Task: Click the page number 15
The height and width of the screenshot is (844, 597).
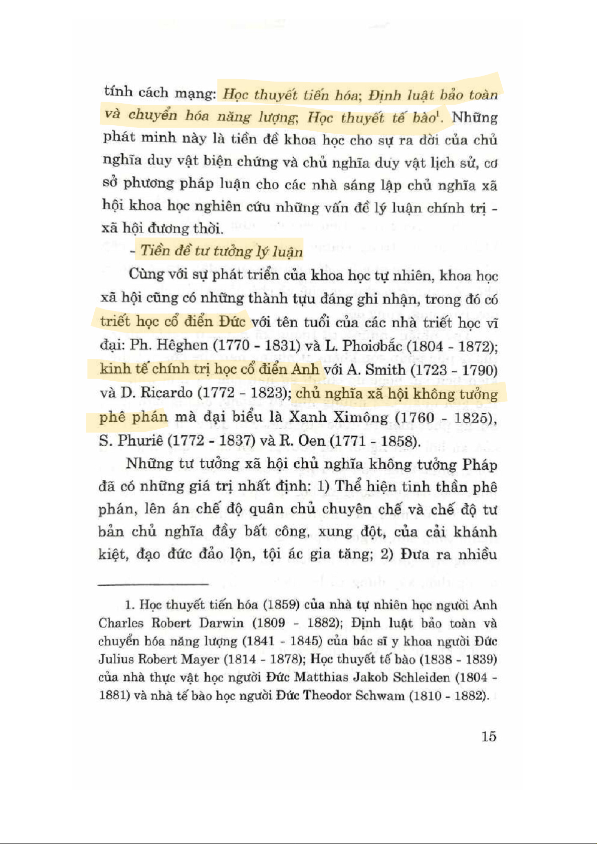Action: coord(488,736)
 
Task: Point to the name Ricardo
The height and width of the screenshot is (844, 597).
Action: coord(167,393)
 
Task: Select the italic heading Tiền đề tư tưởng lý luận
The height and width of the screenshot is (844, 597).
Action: coord(222,250)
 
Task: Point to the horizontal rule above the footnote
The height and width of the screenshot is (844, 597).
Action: coord(153,584)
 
